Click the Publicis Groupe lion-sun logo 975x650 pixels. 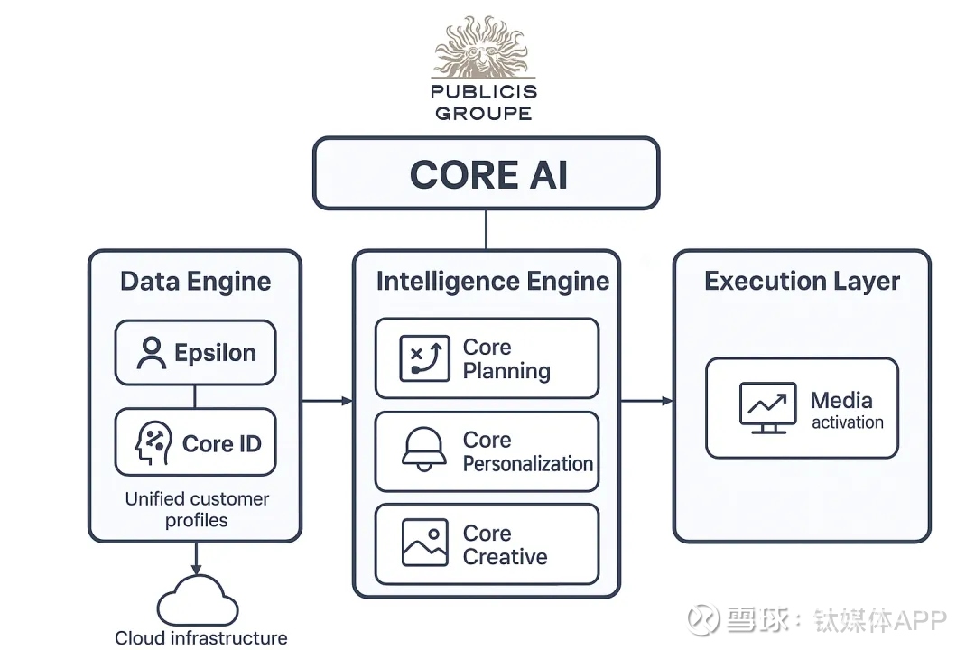tap(485, 46)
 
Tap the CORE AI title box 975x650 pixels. tap(487, 173)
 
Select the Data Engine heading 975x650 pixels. tap(195, 282)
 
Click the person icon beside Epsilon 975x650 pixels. tap(151, 353)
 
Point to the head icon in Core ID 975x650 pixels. tap(153, 443)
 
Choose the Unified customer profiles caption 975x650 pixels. tap(197, 509)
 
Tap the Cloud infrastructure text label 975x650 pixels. tap(201, 638)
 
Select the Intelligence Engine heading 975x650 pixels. tap(492, 282)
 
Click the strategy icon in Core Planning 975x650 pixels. tap(424, 358)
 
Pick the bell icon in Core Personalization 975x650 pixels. tap(424, 450)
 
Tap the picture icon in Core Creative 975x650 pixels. tap(424, 543)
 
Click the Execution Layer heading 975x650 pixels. tap(802, 282)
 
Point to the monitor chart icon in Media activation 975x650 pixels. tap(767, 408)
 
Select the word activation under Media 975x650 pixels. tap(847, 422)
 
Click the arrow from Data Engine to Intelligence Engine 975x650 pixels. tap(327, 400)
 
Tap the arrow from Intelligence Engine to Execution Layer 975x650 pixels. tap(647, 400)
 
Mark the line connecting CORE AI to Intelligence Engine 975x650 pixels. tap(487, 229)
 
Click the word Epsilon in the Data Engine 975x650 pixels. tap(215, 353)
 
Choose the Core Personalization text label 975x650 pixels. tap(527, 451)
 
